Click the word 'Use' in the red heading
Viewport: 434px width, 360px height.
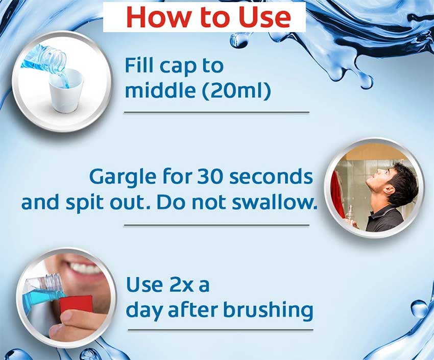pos(265,17)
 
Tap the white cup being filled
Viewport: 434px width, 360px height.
pos(66,91)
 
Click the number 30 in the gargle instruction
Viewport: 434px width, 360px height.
pos(210,176)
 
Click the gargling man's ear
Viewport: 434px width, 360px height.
pos(390,189)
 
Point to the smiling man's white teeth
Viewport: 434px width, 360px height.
pos(84,267)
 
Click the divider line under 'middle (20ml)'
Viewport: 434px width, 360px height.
pos(216,112)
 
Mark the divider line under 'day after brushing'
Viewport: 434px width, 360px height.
pos(221,330)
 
